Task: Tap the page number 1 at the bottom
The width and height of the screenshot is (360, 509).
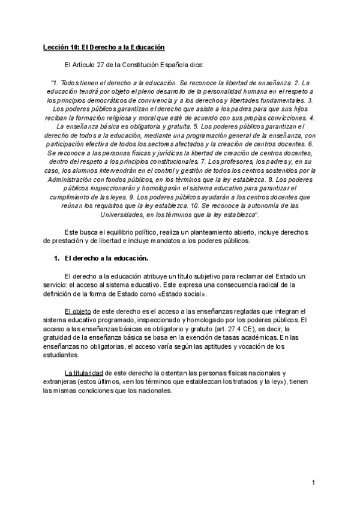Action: (x=313, y=483)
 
